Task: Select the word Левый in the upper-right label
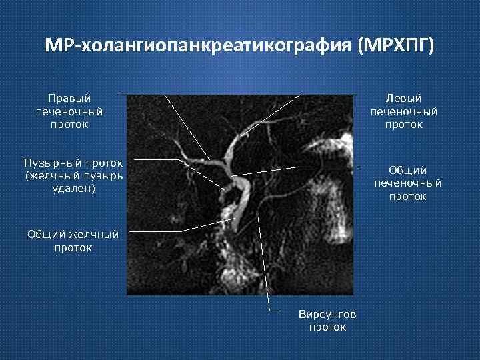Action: coord(405,99)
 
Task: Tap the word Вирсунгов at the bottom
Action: coord(327,314)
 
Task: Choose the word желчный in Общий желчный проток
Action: coord(94,234)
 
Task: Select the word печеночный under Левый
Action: coord(405,111)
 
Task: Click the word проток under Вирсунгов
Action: coord(327,327)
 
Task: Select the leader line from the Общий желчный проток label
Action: coord(153,231)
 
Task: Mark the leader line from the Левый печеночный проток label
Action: coord(333,95)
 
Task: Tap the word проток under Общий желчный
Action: coord(73,247)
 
